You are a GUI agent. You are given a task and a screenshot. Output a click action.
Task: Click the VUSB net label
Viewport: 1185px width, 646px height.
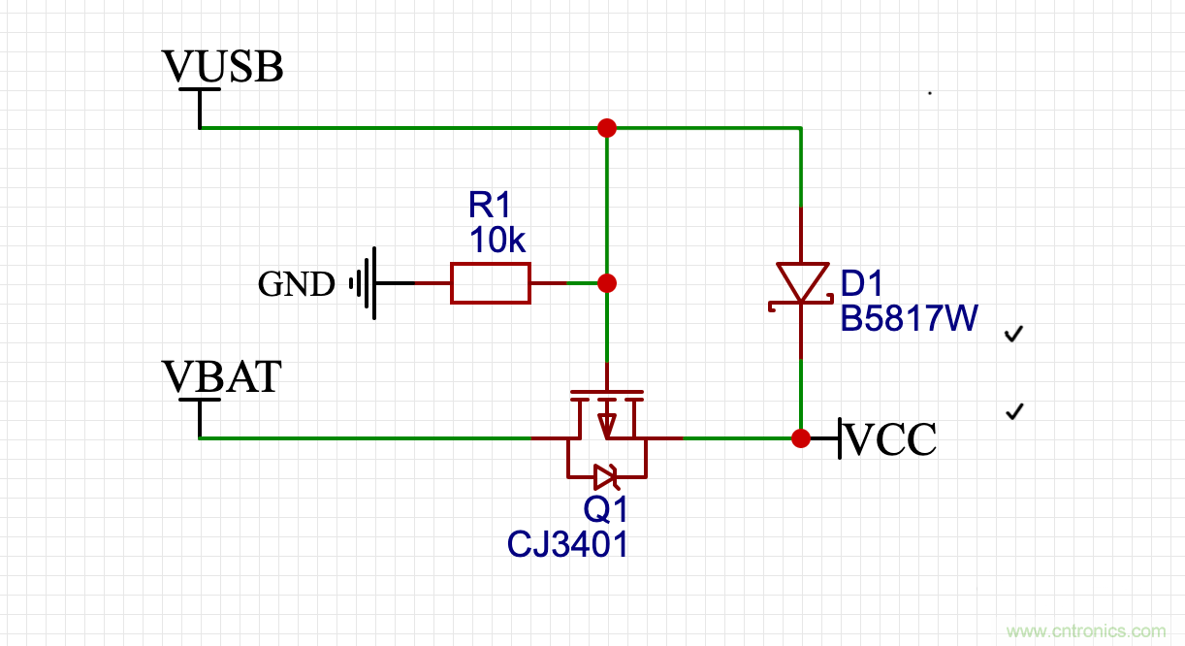223,68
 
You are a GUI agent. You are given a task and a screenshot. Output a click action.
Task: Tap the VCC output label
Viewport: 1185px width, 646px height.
891,439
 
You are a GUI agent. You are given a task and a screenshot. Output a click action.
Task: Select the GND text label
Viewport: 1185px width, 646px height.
296,284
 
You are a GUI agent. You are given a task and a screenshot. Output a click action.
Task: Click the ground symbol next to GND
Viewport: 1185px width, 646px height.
365,283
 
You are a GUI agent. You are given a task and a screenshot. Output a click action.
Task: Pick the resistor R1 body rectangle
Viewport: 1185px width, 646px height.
491,283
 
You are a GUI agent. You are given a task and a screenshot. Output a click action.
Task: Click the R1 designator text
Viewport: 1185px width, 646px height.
489,205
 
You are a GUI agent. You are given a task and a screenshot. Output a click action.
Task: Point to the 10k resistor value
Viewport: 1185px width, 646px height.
497,240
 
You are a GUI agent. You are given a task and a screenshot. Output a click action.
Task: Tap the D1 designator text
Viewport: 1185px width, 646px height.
862,283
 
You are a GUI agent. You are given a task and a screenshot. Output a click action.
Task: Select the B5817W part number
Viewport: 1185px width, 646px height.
909,318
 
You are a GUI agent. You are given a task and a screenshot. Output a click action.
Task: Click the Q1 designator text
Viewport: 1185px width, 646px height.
606,508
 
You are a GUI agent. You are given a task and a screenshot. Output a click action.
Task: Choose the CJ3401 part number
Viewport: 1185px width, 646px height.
568,544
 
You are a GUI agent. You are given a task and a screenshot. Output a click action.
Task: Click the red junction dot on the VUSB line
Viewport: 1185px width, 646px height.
607,128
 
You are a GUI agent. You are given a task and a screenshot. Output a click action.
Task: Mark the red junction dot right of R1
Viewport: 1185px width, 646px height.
607,283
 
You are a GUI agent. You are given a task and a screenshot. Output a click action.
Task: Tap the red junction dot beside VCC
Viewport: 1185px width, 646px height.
801,438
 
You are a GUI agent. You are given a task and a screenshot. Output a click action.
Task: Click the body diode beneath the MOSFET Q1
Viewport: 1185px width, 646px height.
605,476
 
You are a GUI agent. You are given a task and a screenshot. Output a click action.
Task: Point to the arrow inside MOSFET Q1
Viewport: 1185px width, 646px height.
607,423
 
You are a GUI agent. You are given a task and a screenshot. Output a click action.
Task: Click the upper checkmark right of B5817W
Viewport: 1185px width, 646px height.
1014,335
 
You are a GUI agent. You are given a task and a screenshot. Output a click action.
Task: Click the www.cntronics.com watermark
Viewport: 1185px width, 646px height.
1086,631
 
